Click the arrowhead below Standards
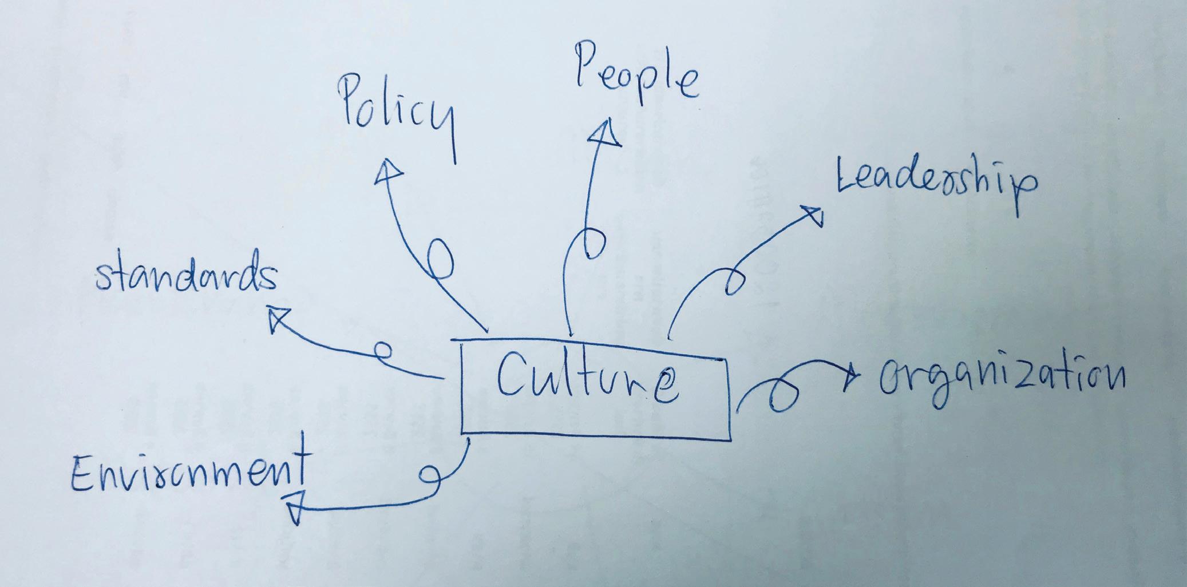278,318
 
